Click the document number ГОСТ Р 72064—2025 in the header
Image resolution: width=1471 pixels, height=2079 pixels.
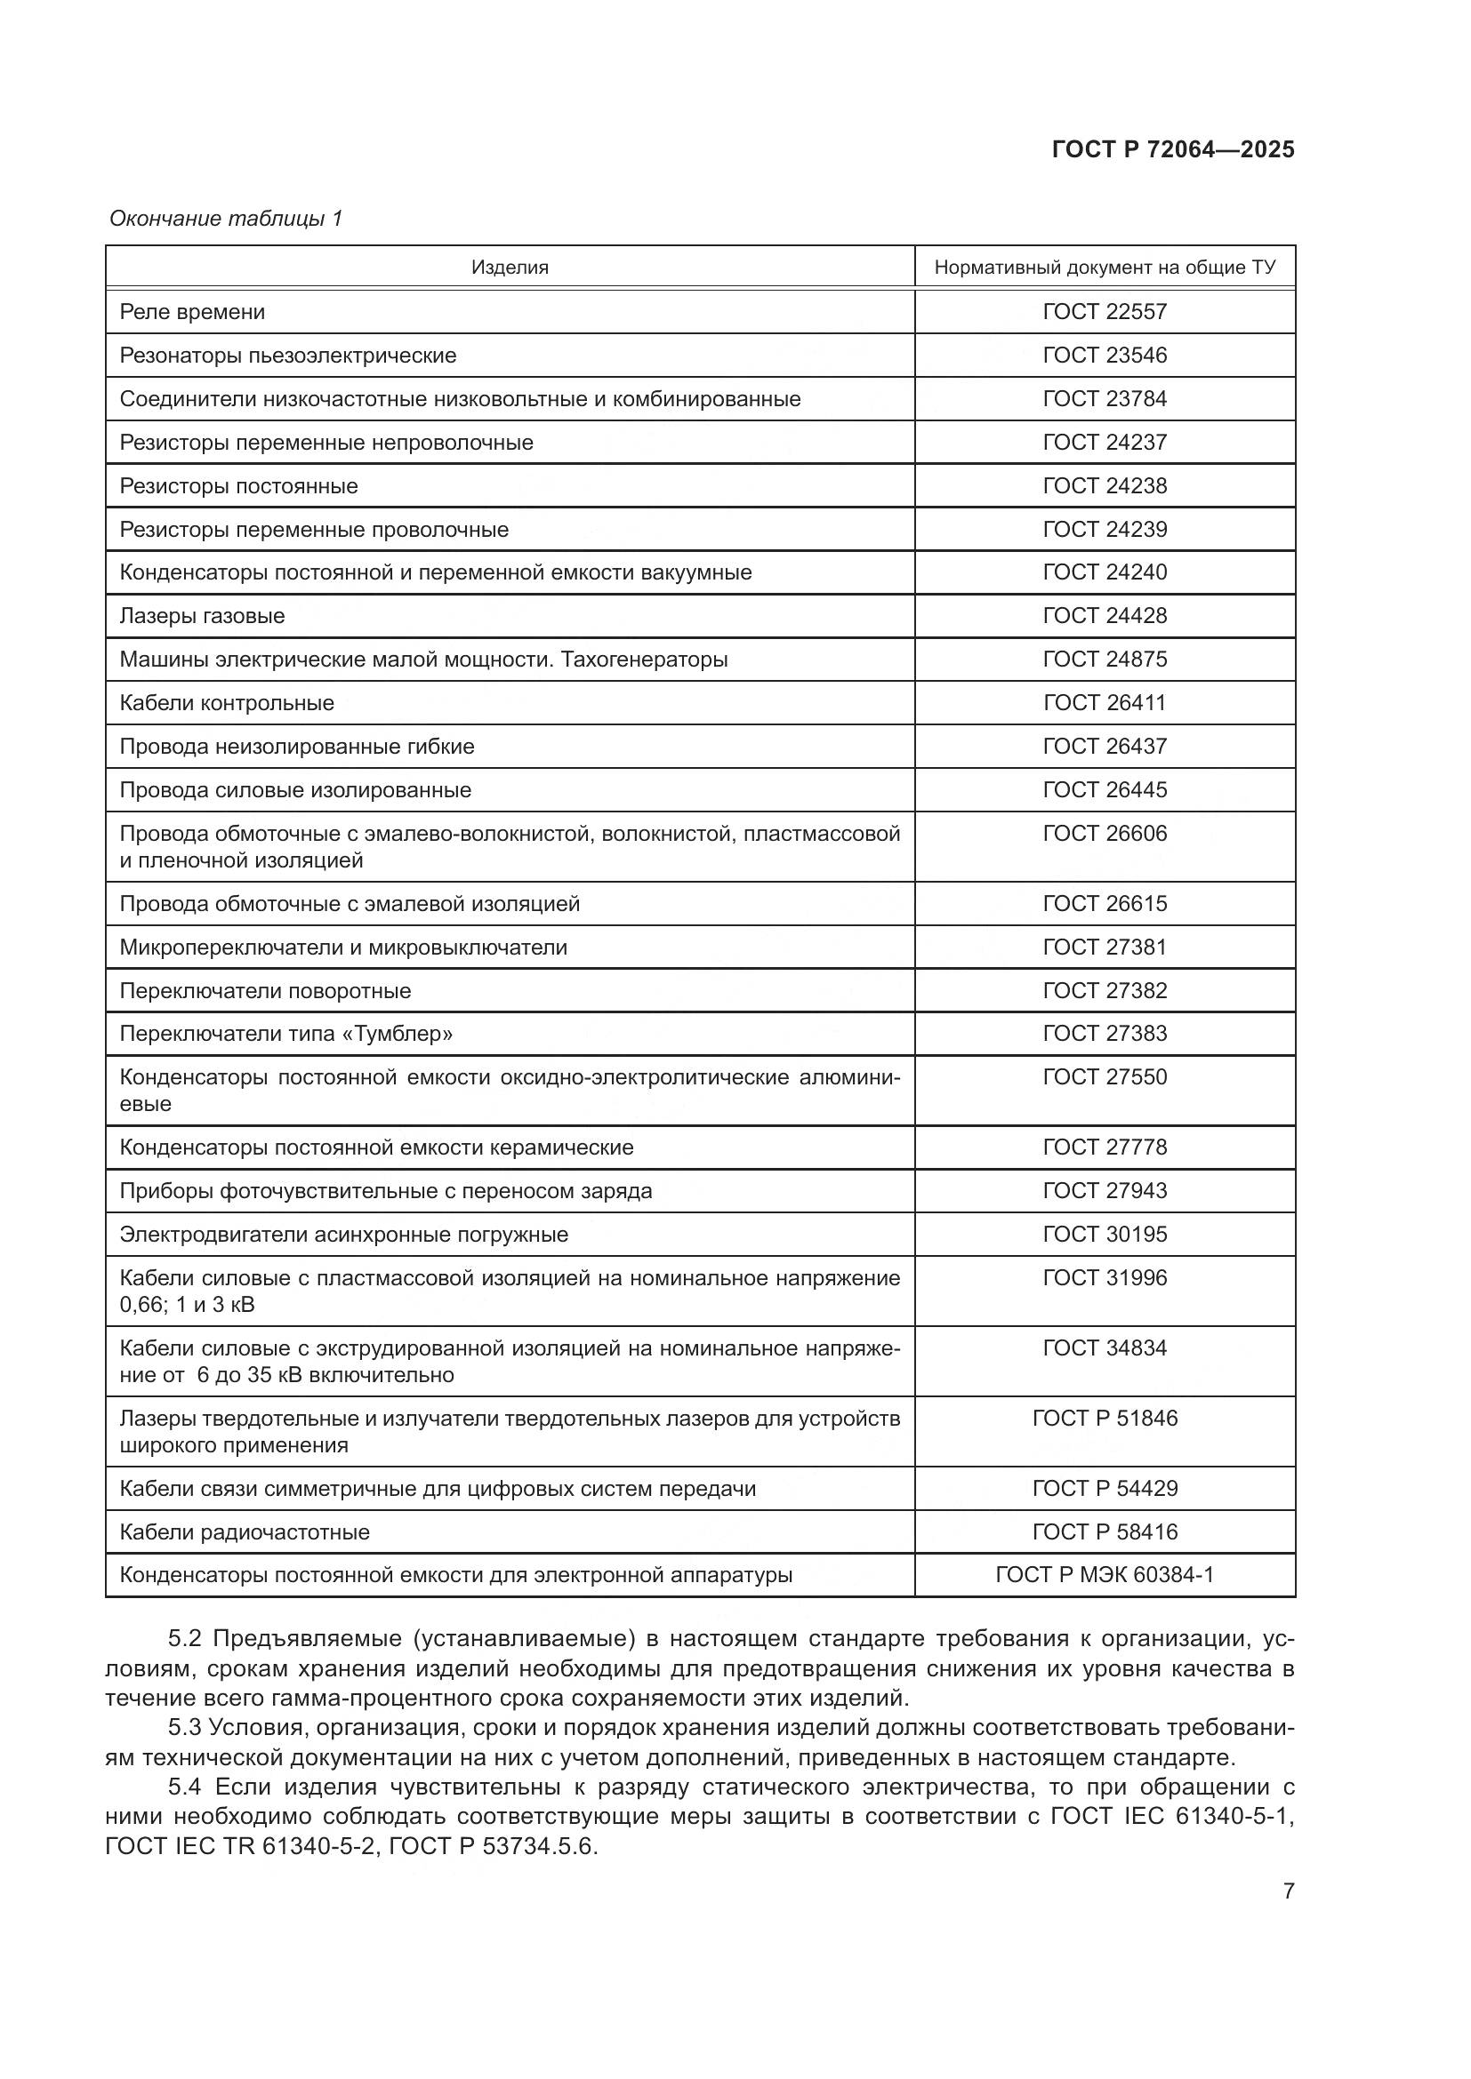pyautogui.click(x=1172, y=149)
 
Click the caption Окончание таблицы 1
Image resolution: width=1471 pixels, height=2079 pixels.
pyautogui.click(x=226, y=219)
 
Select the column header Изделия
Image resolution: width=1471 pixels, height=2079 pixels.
pyautogui.click(x=509, y=268)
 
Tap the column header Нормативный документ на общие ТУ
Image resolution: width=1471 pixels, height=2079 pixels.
pyautogui.click(x=1105, y=268)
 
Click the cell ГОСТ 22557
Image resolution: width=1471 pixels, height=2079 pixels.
pyautogui.click(x=1105, y=311)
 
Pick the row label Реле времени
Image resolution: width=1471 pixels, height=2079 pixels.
pyautogui.click(x=192, y=311)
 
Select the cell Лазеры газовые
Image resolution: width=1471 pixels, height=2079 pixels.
pyautogui.click(x=202, y=616)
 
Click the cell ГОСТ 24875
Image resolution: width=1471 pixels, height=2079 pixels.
pyautogui.click(x=1105, y=660)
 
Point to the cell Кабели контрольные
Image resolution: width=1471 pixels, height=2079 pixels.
pyautogui.click(x=227, y=703)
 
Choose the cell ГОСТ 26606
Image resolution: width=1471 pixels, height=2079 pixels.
pyautogui.click(x=1105, y=833)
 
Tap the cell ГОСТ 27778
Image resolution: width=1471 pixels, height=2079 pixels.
pyautogui.click(x=1105, y=1147)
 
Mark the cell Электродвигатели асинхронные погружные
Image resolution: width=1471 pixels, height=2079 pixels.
pyautogui.click(x=343, y=1235)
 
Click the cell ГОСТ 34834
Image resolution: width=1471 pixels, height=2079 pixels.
pyautogui.click(x=1105, y=1347)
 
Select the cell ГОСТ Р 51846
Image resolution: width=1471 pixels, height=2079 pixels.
pyautogui.click(x=1105, y=1418)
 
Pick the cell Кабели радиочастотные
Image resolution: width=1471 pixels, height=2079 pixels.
pyautogui.click(x=245, y=1532)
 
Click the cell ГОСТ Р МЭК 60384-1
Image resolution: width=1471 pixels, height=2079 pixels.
pyautogui.click(x=1105, y=1575)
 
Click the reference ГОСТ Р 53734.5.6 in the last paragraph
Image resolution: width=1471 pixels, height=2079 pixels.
pyautogui.click(x=493, y=1845)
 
